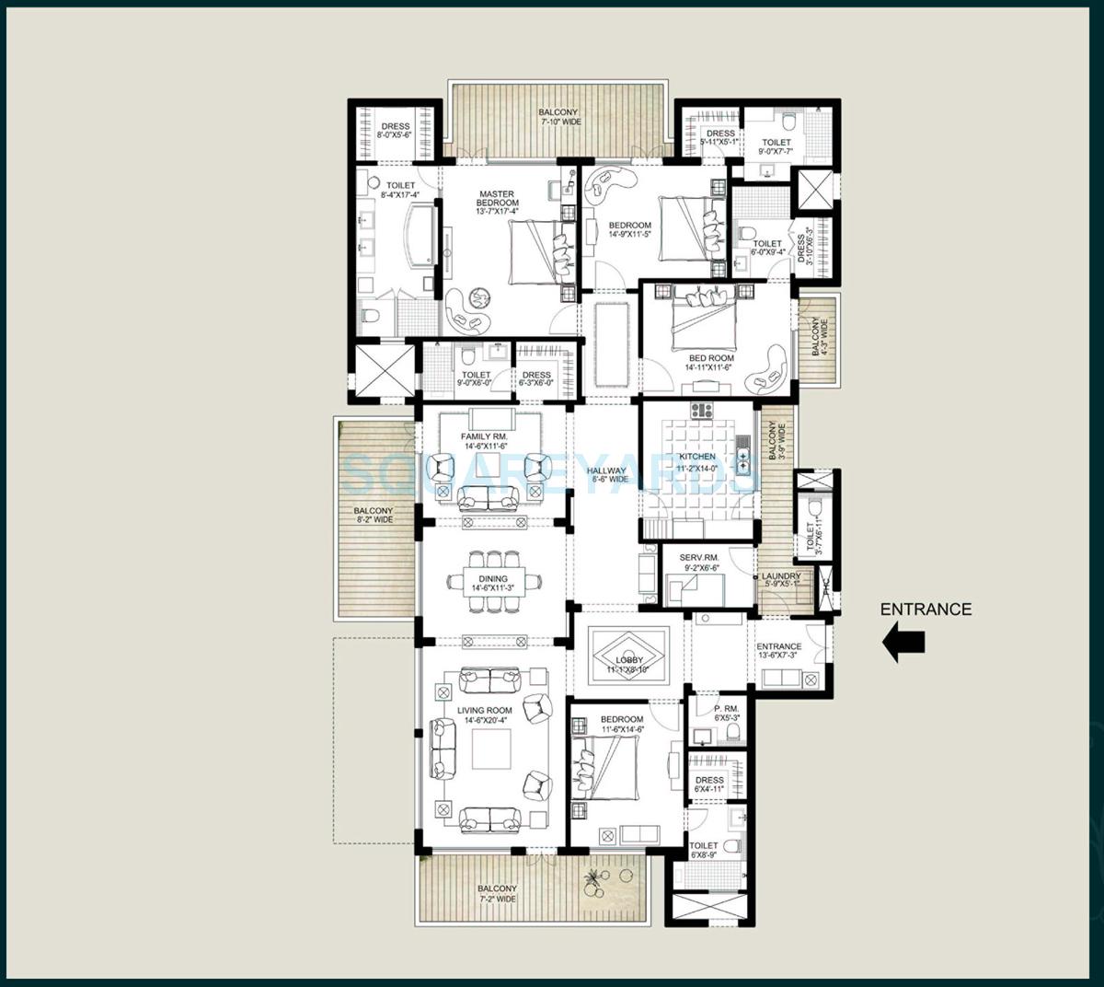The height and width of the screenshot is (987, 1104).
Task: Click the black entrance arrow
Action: tap(903, 643)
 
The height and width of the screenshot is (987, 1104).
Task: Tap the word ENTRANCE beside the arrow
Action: tap(926, 609)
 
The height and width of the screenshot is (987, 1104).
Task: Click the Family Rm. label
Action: tap(486, 441)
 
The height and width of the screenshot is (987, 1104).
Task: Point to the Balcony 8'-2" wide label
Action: tap(374, 515)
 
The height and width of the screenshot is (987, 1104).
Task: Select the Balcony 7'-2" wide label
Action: tap(497, 893)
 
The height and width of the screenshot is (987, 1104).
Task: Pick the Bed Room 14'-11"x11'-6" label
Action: tap(711, 363)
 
